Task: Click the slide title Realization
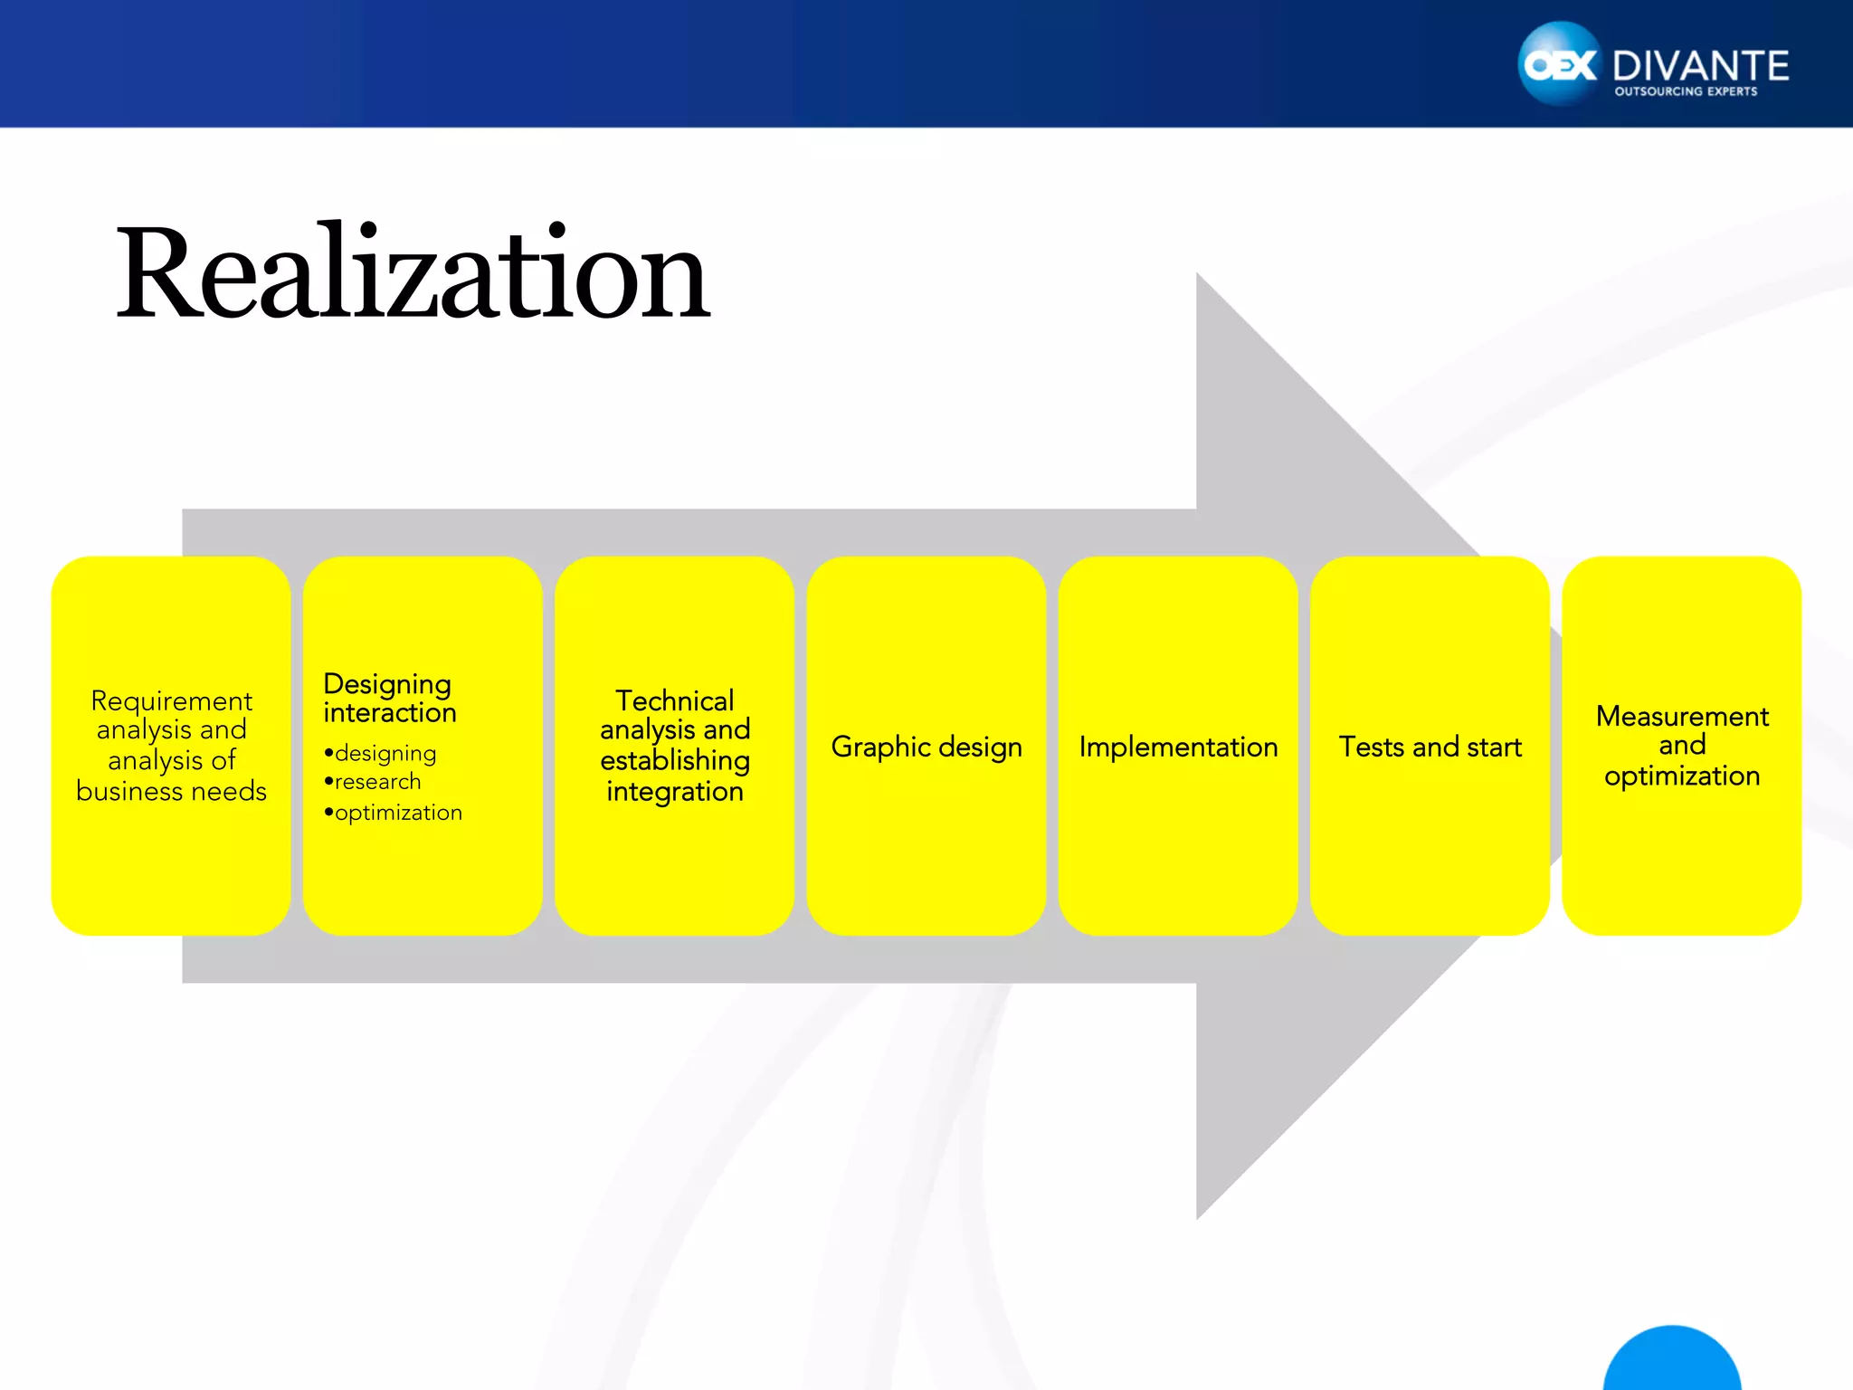click(x=413, y=273)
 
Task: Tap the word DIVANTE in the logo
click(x=1700, y=66)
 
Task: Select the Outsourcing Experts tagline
click(x=1686, y=91)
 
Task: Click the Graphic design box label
click(x=926, y=747)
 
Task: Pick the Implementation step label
click(x=1178, y=747)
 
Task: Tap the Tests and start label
click(x=1430, y=747)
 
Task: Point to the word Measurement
click(x=1682, y=716)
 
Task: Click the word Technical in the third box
click(x=675, y=700)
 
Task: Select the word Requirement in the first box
click(x=172, y=700)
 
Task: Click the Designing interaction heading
click(x=389, y=698)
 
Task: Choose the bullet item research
click(x=377, y=782)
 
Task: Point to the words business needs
click(x=172, y=791)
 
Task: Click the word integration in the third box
click(x=675, y=791)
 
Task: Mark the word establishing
click(x=675, y=760)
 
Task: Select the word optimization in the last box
click(x=1682, y=776)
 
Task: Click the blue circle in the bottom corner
click(x=1672, y=1362)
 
